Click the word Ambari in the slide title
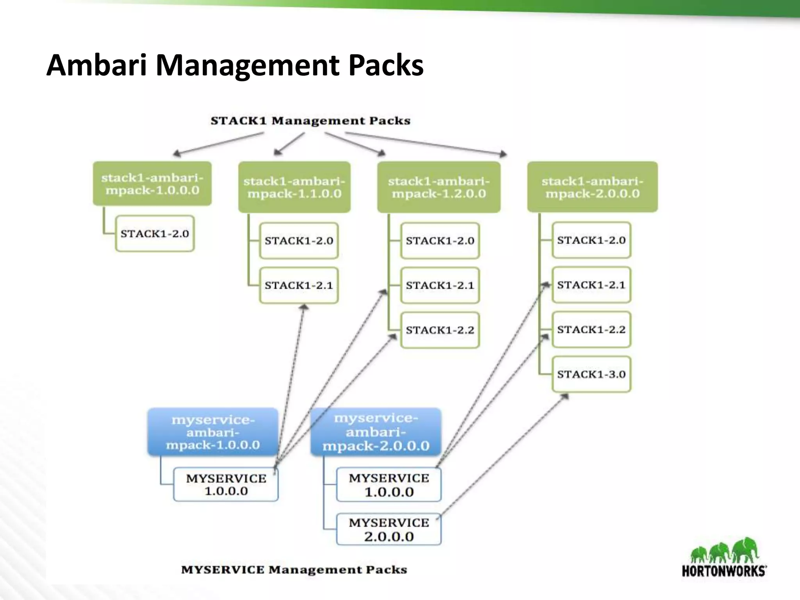coord(97,65)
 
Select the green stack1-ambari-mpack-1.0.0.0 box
coord(152,184)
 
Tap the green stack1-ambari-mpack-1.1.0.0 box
coord(294,187)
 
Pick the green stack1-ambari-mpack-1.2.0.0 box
coord(439,187)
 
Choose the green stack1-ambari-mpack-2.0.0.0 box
coord(592,187)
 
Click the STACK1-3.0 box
coord(591,374)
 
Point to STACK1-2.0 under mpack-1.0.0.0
coord(155,234)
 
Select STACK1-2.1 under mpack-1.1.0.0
coord(299,285)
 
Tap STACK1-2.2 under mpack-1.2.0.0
coord(440,330)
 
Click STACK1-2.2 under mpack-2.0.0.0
coord(591,329)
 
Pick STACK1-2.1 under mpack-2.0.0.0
coord(591,285)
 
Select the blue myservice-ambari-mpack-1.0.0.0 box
coord(213,432)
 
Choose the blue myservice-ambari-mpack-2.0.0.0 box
coord(376,432)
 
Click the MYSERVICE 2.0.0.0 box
coord(389,529)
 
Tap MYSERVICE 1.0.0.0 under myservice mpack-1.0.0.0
coord(226,484)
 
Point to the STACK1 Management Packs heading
coord(311,121)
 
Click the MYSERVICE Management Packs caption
coord(294,570)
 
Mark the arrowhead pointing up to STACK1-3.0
coord(565,396)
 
